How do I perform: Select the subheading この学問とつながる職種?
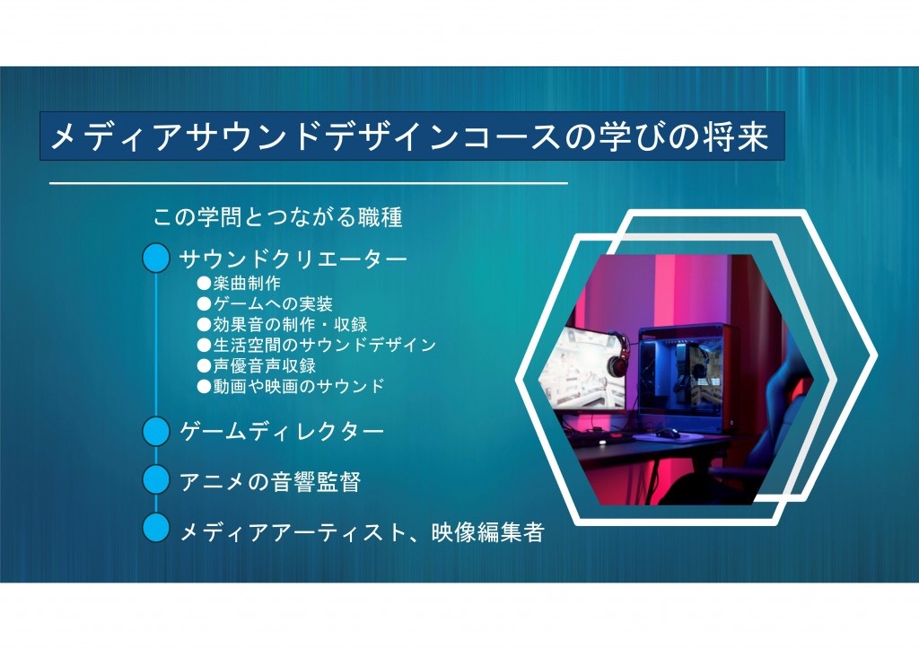coord(278,217)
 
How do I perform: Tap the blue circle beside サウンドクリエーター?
coord(156,259)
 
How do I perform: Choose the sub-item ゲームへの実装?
coord(265,303)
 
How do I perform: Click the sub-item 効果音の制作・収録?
coord(283,324)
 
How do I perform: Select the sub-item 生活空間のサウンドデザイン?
coord(317,345)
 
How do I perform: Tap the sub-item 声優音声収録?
coord(257,365)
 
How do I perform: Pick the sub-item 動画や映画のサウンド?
coord(291,386)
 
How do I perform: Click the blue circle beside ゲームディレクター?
coord(156,431)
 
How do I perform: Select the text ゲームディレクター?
coord(282,432)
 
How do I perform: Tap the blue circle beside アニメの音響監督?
coord(156,479)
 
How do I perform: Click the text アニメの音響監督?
coord(270,482)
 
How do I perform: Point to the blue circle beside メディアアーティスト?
coord(156,528)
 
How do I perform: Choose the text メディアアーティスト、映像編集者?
coord(363,532)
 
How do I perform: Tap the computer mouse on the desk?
coord(668,434)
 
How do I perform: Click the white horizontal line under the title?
coord(309,183)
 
